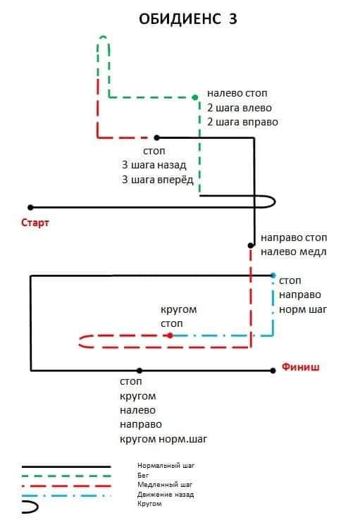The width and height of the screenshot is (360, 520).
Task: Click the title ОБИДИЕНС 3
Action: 187,19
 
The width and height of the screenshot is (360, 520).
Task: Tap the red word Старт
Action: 35,223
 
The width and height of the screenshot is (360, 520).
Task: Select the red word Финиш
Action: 301,367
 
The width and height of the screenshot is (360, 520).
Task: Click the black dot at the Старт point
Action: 30,208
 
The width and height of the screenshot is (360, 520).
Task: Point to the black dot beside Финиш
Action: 273,371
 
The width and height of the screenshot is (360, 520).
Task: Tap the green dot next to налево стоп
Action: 195,97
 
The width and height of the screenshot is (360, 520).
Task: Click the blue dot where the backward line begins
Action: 273,276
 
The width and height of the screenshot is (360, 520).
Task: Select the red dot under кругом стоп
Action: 170,335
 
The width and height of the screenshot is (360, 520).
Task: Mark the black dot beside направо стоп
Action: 251,245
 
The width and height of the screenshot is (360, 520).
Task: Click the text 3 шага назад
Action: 154,165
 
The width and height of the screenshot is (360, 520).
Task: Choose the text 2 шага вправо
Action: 242,122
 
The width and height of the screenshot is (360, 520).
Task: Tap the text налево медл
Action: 293,252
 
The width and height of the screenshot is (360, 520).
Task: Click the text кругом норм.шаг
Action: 163,440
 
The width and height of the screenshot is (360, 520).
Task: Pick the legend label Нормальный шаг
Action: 166,466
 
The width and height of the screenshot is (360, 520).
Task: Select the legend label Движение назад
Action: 166,495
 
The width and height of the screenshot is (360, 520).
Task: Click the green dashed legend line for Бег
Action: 66,476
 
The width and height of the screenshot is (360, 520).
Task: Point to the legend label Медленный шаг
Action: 165,485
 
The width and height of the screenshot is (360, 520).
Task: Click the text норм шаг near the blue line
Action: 303,309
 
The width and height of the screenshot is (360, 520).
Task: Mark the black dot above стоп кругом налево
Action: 139,371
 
